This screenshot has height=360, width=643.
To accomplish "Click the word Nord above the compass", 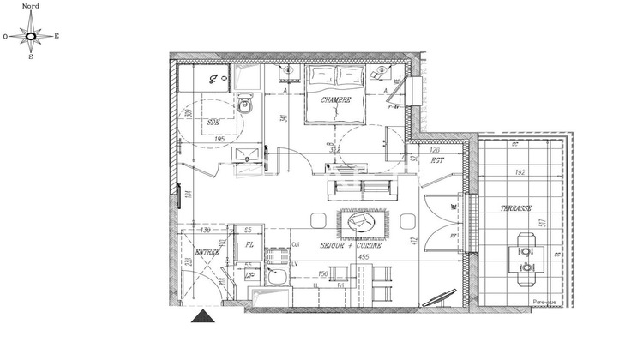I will pos(31,5).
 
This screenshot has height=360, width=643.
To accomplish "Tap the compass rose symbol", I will pos(31,36).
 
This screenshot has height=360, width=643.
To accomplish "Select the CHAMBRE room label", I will pos(335,100).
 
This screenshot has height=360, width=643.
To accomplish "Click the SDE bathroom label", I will pos(213,123).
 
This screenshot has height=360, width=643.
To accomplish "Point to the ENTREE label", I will pos(207,252).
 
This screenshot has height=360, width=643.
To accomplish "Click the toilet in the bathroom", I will pos(245,106).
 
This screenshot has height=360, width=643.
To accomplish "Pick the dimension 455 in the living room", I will pos(363,255).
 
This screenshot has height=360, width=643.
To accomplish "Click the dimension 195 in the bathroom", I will pos(219,139).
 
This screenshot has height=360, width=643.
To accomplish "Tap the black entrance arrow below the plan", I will pos(202,317).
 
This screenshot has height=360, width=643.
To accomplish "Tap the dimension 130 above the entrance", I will pos(205,230).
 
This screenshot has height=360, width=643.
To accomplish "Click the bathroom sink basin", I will pos(249,156).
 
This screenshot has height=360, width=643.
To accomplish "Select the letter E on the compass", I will pos(57,36).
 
